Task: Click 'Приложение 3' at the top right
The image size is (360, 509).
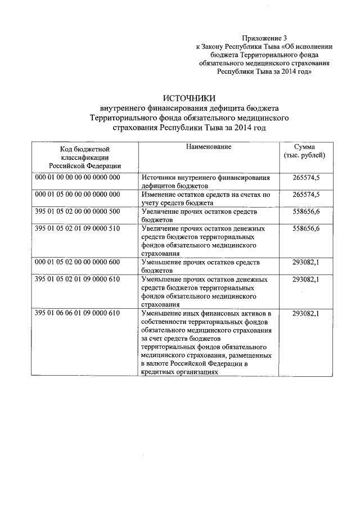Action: [x=263, y=38]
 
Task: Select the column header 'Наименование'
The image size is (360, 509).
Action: [x=208, y=146]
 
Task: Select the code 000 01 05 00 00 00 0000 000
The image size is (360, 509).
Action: [x=78, y=195]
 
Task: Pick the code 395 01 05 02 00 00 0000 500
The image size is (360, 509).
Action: [x=78, y=211]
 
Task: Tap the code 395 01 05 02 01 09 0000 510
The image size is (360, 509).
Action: [x=78, y=229]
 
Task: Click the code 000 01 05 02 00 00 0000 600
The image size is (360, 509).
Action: [x=78, y=263]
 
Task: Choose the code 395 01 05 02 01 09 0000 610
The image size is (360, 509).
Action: [x=78, y=280]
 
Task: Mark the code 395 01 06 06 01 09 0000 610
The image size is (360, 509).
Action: [x=78, y=313]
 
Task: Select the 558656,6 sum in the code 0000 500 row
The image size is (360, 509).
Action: [x=306, y=211]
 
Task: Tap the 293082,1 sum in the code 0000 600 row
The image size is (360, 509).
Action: [x=306, y=263]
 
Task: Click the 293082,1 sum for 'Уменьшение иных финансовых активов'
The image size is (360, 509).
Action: [x=306, y=313]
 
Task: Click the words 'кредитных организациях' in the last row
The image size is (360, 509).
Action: [x=179, y=372]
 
